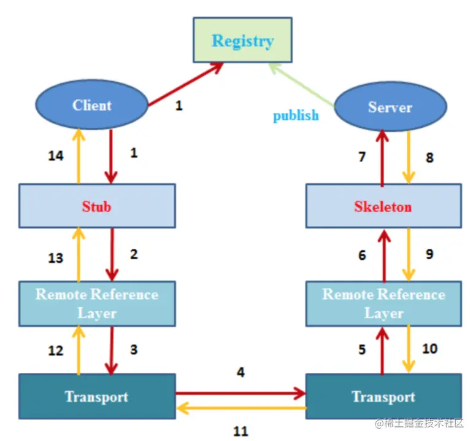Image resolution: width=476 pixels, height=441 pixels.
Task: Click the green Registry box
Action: pyautogui.click(x=242, y=40)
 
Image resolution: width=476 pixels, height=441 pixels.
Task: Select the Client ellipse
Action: pyautogui.click(x=91, y=104)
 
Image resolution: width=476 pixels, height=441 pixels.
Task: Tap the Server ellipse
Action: pyautogui.click(x=390, y=106)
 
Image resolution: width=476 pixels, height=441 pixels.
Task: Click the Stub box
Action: pyautogui.click(x=97, y=206)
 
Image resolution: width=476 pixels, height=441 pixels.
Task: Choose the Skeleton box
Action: pyautogui.click(x=384, y=206)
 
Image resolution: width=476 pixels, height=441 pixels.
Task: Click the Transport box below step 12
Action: pyautogui.click(x=97, y=396)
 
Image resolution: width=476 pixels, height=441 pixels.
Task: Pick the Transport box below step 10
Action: pyautogui.click(x=384, y=396)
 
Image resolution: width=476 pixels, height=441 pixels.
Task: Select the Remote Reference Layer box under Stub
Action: pyautogui.click(x=97, y=303)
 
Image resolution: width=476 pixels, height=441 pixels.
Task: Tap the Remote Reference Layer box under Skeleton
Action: pyautogui.click(x=384, y=303)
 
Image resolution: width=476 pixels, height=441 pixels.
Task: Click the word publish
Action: pyautogui.click(x=296, y=116)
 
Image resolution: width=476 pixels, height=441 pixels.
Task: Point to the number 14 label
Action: pyautogui.click(x=56, y=156)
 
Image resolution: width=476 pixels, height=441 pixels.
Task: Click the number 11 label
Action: pyautogui.click(x=240, y=431)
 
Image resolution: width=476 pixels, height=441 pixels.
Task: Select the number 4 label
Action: pyautogui.click(x=240, y=372)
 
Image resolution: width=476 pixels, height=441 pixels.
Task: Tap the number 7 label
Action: pyautogui.click(x=362, y=157)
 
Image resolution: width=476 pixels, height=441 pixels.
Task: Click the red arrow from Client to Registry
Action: pyautogui.click(x=186, y=84)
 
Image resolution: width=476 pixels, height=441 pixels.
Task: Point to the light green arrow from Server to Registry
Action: pyautogui.click(x=301, y=85)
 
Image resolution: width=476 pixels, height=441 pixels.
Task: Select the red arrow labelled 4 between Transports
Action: pyautogui.click(x=240, y=393)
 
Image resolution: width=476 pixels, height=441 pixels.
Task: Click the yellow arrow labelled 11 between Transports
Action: pyautogui.click(x=241, y=408)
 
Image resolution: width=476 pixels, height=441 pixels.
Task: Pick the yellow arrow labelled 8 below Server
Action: pyautogui.click(x=409, y=157)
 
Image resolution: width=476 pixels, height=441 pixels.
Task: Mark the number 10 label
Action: pyautogui.click(x=430, y=349)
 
